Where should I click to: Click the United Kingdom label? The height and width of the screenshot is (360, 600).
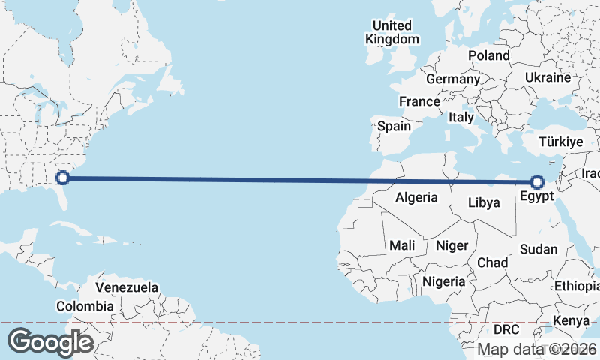click(392, 32)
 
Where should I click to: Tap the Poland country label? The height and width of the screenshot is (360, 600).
click(488, 55)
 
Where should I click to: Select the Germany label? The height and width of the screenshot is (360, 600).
click(452, 79)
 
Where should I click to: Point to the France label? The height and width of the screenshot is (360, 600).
click(419, 101)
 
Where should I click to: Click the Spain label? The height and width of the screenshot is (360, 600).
click(394, 126)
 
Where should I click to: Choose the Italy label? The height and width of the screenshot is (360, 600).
click(461, 118)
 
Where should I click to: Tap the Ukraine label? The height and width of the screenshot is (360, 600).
click(547, 77)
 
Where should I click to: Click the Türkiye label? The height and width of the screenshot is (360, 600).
click(561, 142)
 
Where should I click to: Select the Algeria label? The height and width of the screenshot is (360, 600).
click(416, 198)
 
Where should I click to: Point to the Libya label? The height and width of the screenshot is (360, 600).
click(483, 202)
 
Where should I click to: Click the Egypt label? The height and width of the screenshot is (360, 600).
click(535, 196)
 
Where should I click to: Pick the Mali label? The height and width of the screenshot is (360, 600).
click(402, 245)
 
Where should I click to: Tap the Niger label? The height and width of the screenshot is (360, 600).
click(451, 245)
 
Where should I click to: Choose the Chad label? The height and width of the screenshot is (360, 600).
click(492, 262)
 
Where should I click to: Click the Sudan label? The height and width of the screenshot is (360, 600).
click(538, 249)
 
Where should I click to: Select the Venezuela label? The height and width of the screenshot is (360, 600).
click(127, 287)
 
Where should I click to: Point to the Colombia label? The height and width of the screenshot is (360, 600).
click(85, 306)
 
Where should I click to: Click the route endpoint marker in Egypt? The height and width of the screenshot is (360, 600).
click(536, 181)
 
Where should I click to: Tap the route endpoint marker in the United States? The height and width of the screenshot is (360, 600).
click(63, 178)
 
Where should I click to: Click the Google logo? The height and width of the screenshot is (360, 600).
click(50, 341)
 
